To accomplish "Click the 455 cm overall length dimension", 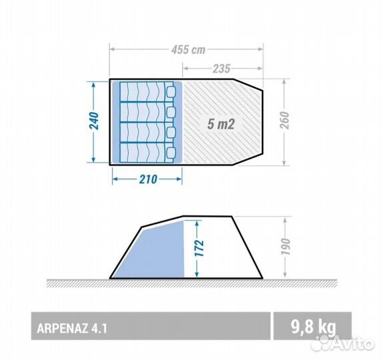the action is [x=188, y=50].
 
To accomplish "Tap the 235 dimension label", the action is [x=221, y=69].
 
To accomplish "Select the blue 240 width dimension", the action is [x=94, y=121].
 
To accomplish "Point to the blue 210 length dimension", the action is [x=148, y=179].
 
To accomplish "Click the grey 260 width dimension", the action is [x=284, y=120].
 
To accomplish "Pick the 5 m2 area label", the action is [x=221, y=124].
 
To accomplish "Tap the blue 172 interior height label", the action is [x=199, y=248].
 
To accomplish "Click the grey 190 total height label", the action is [x=285, y=247].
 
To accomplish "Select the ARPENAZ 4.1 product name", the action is [x=72, y=329].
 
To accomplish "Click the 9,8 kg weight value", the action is [x=313, y=327].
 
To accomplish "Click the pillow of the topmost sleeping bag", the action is [x=171, y=92].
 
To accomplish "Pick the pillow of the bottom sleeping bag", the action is [x=171, y=153].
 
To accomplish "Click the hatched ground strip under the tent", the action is [x=192, y=283].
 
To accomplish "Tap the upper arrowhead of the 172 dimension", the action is [x=197, y=223].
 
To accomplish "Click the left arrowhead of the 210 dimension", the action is [x=115, y=179].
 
